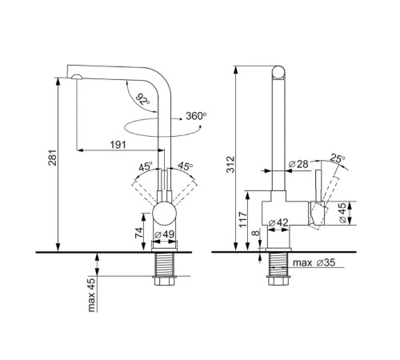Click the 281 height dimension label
click(x=53, y=158)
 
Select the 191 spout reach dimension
click(x=118, y=145)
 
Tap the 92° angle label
click(x=142, y=99)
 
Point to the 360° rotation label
click(x=196, y=116)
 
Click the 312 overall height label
click(x=230, y=165)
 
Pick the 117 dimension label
click(x=243, y=219)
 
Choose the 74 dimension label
click(x=139, y=234)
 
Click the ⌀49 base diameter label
click(x=165, y=234)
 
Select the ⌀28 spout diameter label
click(x=298, y=164)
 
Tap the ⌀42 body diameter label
click(x=278, y=222)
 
